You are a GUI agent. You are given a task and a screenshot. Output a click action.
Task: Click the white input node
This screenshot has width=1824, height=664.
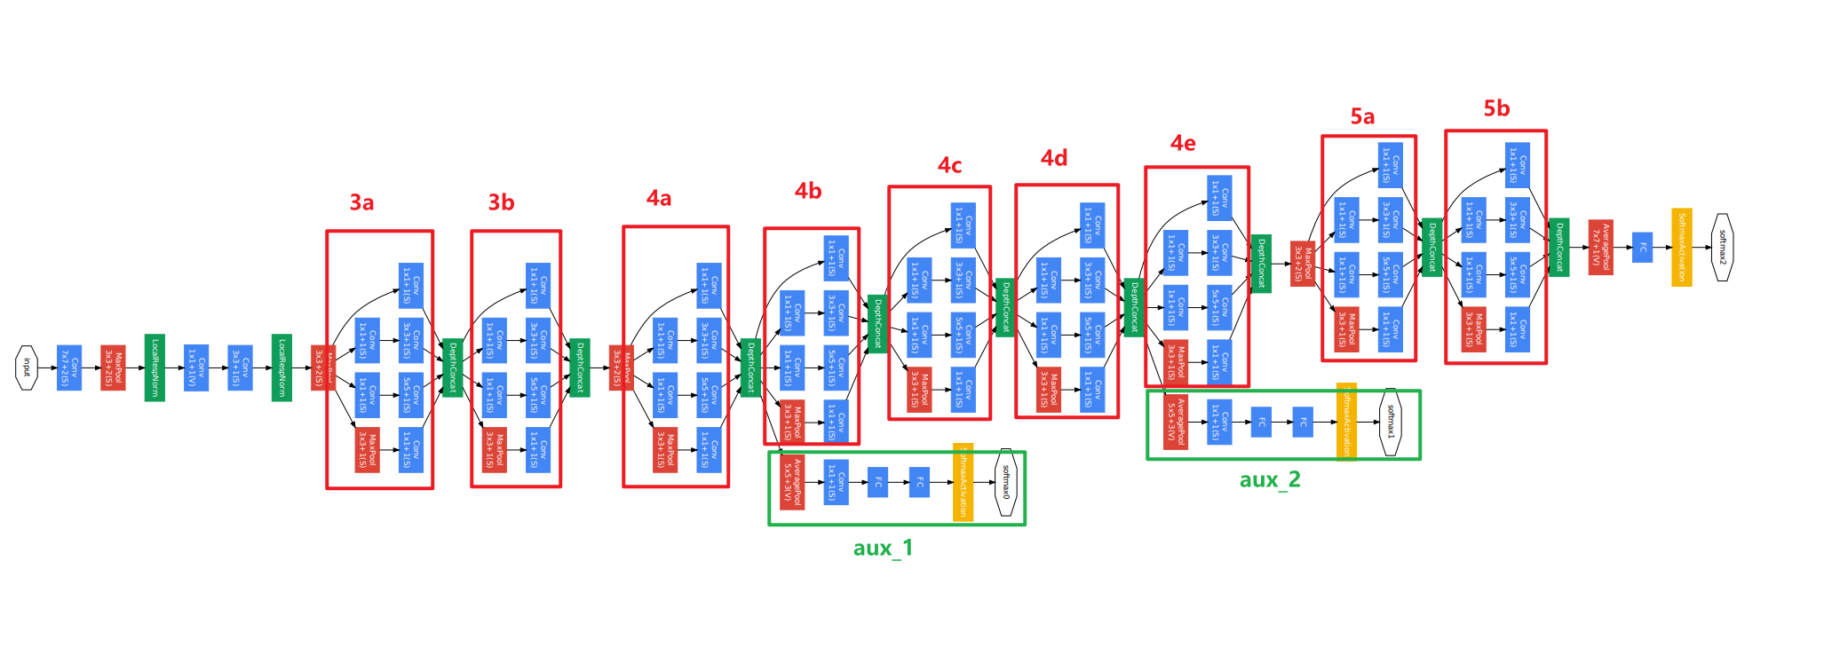[27, 368]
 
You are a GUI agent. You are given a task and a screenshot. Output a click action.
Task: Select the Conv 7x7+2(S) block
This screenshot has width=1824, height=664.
[69, 368]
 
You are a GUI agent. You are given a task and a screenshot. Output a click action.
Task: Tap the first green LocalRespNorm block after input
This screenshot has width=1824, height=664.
[155, 368]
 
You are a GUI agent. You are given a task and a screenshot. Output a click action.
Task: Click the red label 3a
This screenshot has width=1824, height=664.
[361, 202]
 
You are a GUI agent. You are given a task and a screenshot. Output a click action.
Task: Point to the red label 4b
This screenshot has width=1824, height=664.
[808, 191]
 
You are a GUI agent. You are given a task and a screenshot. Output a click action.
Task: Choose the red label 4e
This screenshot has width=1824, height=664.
[1183, 143]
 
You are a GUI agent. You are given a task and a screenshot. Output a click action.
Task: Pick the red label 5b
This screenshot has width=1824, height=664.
[1496, 108]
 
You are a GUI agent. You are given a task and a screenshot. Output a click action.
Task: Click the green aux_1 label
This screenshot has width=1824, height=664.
[883, 548]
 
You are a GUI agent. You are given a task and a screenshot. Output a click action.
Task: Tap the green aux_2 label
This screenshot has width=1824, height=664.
[1270, 479]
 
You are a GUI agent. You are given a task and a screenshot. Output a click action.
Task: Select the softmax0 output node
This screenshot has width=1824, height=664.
[1006, 482]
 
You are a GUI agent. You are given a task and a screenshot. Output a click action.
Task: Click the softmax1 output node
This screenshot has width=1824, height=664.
[1391, 422]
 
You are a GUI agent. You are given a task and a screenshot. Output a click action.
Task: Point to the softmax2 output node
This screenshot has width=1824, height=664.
[1722, 247]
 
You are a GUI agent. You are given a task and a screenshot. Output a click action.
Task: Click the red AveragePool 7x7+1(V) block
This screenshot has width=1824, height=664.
[1600, 247]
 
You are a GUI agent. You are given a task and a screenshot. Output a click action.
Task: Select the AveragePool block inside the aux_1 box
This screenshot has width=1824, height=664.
[792, 482]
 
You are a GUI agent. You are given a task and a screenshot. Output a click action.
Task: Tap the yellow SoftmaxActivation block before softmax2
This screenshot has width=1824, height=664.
[1681, 247]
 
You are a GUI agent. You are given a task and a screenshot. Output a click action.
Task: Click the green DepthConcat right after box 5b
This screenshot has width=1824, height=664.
[1558, 247]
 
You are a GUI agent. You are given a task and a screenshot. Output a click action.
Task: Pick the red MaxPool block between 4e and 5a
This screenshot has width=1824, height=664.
[1303, 264]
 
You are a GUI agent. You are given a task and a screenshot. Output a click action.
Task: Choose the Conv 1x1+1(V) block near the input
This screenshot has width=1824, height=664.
[196, 368]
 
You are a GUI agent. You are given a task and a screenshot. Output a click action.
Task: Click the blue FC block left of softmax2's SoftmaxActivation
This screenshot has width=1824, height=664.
[1642, 247]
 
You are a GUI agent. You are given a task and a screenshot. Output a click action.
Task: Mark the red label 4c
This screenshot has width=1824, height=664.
[949, 165]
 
